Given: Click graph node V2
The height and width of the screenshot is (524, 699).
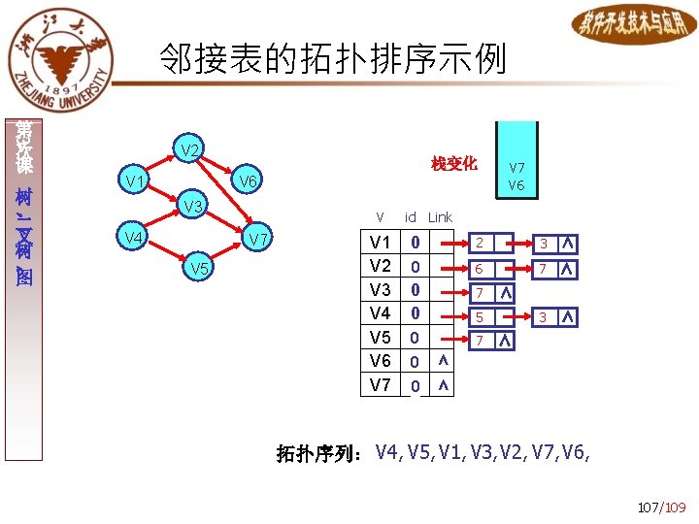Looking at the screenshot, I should (190, 150).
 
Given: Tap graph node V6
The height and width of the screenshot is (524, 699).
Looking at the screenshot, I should (248, 181).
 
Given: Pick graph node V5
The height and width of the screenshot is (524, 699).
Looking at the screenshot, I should (199, 268).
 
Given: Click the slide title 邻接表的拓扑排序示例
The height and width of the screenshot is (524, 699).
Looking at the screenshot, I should (333, 60).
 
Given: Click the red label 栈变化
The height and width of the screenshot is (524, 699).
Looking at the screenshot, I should (454, 164).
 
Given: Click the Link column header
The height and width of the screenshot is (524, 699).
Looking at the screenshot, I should (440, 217).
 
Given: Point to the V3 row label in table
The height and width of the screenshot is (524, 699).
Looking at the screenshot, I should (380, 289).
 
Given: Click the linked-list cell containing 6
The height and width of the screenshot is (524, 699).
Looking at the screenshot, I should (479, 267).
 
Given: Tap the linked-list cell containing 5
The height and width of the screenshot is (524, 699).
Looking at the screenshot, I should (479, 316).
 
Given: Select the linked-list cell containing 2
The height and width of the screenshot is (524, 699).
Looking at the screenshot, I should (479, 243).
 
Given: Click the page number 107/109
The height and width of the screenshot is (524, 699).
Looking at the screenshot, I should (661, 507).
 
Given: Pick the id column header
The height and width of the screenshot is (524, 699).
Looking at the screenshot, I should (411, 217).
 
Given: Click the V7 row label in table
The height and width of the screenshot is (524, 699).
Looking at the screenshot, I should (380, 385).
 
